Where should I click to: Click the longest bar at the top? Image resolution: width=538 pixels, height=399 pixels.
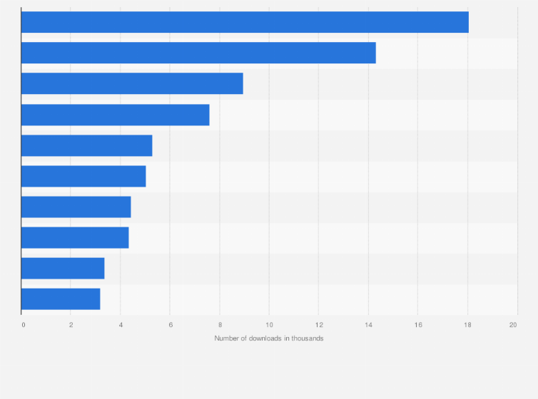pos(245,22)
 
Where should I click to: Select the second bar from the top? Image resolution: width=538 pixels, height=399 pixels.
pos(198,53)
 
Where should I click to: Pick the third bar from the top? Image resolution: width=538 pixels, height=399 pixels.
pos(132,83)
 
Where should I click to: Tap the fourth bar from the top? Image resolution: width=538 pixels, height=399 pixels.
pos(115,115)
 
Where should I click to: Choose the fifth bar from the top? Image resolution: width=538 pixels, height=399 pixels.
pos(86,145)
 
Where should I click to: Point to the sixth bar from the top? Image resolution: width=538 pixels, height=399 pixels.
pos(83,176)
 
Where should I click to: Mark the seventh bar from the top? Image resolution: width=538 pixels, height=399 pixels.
pos(76,207)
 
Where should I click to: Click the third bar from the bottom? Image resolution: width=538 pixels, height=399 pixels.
pos(75,237)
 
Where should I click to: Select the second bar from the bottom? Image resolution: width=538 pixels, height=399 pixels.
pos(63,269)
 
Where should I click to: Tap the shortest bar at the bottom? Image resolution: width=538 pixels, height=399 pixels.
pos(61,299)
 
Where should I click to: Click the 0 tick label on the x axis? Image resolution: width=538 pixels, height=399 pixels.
pos(24,325)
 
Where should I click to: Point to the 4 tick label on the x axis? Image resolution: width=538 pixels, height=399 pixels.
pos(121,325)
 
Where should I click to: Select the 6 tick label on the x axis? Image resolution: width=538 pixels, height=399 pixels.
pos(171,325)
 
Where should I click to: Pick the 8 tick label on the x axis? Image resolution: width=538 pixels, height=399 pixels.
pos(220,325)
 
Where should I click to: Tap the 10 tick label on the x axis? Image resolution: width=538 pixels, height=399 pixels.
pos(269,325)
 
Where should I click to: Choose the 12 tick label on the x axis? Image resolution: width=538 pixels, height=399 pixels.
pos(319,325)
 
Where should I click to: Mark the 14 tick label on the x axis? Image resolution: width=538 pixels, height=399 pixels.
pos(368,325)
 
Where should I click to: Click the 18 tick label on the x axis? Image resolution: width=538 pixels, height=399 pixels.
pos(467,325)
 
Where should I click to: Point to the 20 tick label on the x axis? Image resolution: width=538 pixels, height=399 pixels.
pos(513,325)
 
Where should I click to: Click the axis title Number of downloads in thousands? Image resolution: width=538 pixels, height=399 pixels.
pos(269,338)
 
